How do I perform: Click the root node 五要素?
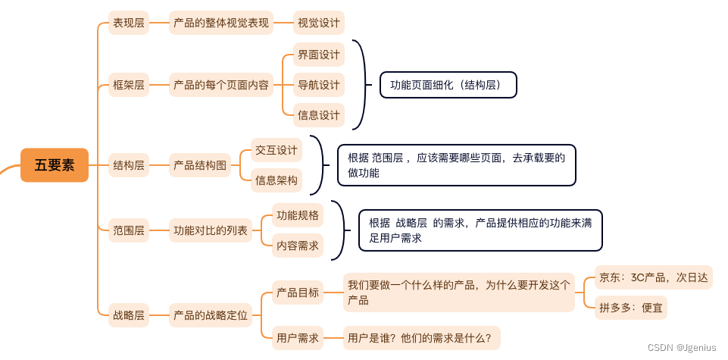click(x=55, y=165)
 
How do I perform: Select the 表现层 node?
click(x=129, y=23)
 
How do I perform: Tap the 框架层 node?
click(x=129, y=84)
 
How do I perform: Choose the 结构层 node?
click(x=129, y=164)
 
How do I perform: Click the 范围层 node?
click(x=129, y=230)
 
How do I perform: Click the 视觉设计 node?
click(x=319, y=23)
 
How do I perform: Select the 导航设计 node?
click(x=319, y=84)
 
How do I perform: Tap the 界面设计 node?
click(x=319, y=55)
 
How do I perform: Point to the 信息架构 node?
click(x=277, y=180)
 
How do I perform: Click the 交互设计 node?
click(x=277, y=150)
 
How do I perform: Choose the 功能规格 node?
click(x=298, y=215)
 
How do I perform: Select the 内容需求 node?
click(x=298, y=246)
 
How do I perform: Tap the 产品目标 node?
click(x=298, y=293)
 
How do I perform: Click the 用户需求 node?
click(x=298, y=337)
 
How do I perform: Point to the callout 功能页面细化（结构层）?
click(x=448, y=85)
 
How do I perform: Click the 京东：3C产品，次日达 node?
click(x=653, y=277)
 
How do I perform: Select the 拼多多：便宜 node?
click(x=631, y=308)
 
